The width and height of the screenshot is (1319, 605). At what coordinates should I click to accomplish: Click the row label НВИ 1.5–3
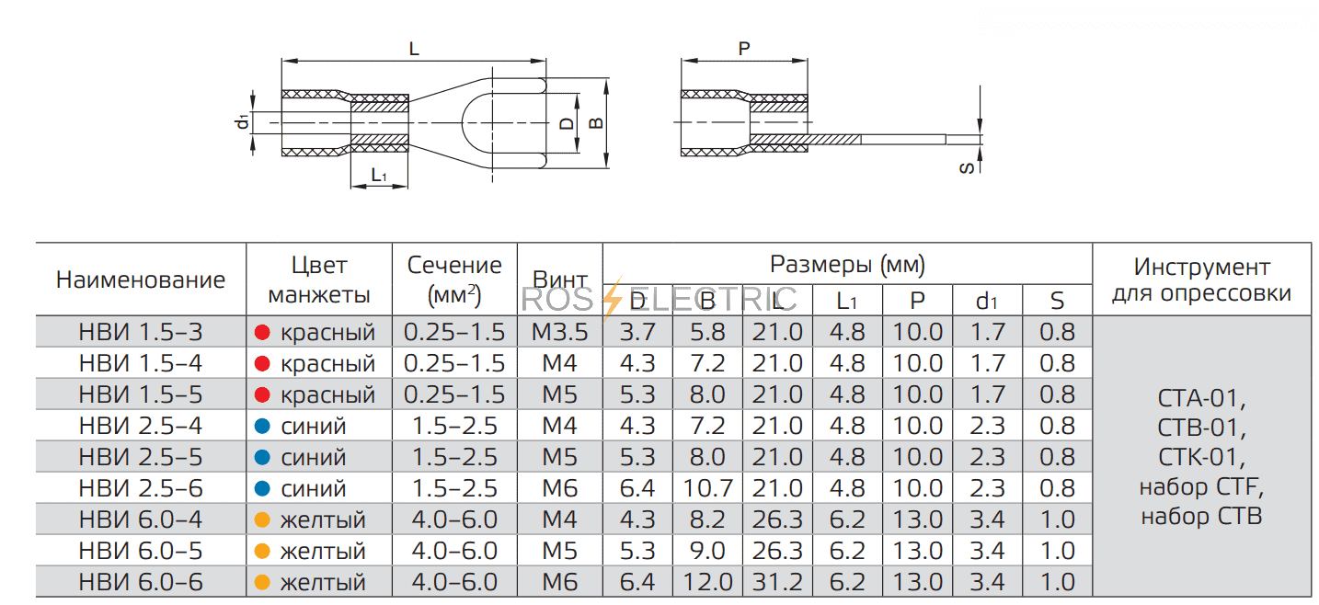(x=140, y=332)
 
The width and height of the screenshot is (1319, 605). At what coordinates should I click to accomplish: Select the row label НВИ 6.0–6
(x=140, y=582)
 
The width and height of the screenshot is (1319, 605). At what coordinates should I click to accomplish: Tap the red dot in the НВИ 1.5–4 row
(x=261, y=363)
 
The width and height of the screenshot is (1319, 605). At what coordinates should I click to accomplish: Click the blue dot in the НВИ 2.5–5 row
(x=261, y=457)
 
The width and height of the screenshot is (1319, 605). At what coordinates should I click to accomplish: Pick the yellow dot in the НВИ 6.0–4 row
(x=261, y=519)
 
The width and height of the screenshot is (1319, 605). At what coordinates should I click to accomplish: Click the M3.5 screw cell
(x=559, y=332)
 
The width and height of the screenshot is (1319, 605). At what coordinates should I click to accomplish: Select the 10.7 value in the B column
(x=707, y=488)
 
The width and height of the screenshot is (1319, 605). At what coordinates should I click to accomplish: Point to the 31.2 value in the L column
(x=777, y=582)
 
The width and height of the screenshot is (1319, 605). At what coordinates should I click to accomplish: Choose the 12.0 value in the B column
(x=707, y=582)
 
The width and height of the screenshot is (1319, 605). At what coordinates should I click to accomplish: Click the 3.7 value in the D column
(x=637, y=332)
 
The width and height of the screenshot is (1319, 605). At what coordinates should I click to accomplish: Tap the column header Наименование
(x=140, y=280)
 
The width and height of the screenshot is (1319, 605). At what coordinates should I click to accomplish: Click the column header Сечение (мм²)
(x=454, y=280)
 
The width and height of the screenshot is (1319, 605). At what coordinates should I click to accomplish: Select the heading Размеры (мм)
(x=846, y=266)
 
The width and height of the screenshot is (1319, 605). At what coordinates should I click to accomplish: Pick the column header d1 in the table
(x=987, y=301)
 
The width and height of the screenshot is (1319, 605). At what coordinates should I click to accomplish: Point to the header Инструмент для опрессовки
(x=1201, y=280)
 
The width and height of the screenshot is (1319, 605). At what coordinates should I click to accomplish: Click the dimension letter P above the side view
(x=744, y=49)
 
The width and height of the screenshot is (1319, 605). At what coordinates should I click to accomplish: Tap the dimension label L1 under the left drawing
(x=378, y=175)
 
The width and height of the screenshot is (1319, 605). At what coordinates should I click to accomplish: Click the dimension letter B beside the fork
(x=595, y=122)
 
